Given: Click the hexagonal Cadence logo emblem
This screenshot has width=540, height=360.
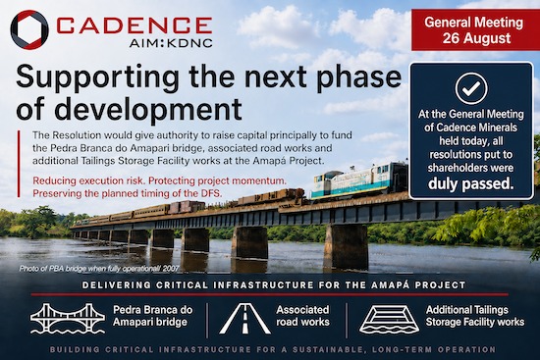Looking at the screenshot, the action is (29, 30).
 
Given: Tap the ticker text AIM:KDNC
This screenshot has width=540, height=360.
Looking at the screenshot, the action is (171, 43).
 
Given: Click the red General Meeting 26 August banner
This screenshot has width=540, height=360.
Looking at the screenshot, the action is (475, 30).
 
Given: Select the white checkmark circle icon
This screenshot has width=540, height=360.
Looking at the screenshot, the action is (471, 89).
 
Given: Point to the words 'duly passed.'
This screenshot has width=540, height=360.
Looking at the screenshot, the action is (470, 184).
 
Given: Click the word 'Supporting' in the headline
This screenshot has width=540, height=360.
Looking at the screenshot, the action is (97, 78).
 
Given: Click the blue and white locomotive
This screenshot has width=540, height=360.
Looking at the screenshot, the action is (359, 181).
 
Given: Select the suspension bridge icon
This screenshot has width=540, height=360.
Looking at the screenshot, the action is (68, 319).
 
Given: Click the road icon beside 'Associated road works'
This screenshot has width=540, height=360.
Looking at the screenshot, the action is (244, 319).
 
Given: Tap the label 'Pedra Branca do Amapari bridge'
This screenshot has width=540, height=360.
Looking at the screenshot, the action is (153, 316).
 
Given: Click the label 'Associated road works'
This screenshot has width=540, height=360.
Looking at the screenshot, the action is (302, 316).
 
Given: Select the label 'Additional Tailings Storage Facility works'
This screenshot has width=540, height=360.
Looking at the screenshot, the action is (475, 316).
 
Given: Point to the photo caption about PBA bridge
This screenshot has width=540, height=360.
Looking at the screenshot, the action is (99, 268).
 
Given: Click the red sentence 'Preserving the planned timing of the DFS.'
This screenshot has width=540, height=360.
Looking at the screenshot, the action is (128, 193).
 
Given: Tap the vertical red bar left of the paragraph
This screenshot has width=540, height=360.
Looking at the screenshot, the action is (19, 164).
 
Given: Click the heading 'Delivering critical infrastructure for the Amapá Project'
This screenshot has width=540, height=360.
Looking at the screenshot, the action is (274, 285).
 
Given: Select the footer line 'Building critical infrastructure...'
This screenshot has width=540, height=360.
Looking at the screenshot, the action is (273, 349).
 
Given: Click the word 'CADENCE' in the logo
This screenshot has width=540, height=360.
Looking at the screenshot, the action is (134, 26).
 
